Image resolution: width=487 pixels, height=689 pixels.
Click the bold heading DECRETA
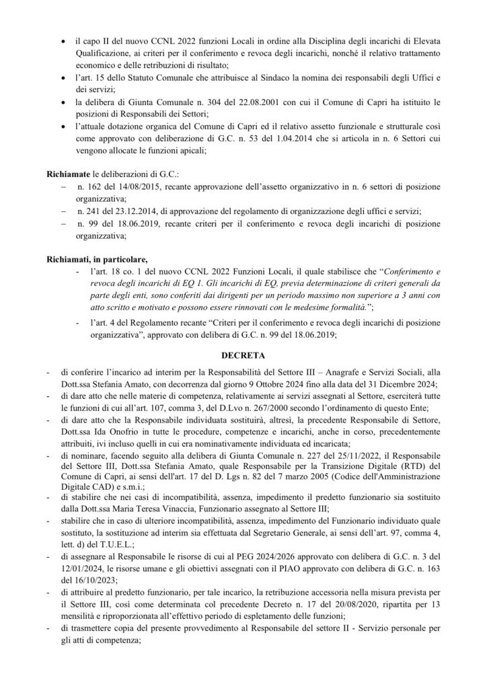[x=243, y=352]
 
